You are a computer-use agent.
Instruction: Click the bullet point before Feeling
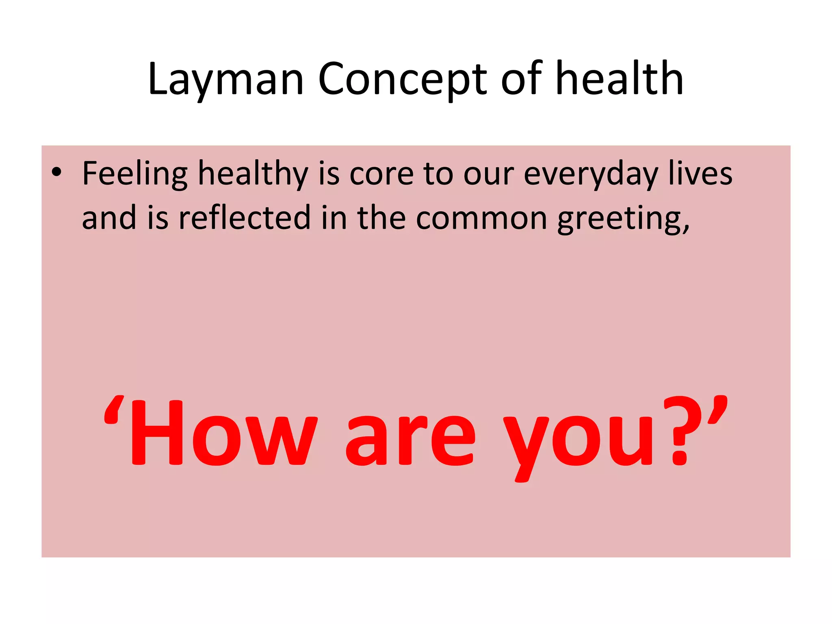click(x=56, y=173)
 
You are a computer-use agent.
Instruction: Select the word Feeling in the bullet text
click(x=134, y=174)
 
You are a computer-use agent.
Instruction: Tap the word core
click(x=381, y=174)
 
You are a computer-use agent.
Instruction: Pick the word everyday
click(x=591, y=174)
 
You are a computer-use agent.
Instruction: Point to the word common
click(x=481, y=219)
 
